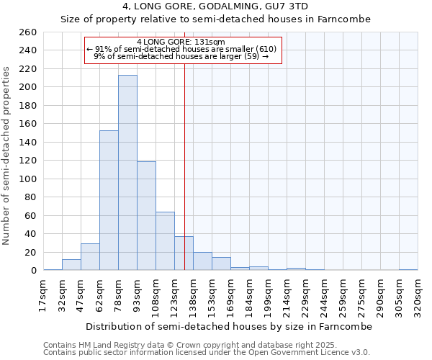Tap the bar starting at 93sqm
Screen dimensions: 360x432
point(146,216)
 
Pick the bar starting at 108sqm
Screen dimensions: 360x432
point(165,241)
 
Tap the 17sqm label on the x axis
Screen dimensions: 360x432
point(44,296)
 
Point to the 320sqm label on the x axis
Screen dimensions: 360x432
point(418,296)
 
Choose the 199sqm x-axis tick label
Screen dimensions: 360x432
point(268,296)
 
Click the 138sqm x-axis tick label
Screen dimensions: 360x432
point(193,296)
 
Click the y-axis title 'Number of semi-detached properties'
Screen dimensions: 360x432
point(7,156)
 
